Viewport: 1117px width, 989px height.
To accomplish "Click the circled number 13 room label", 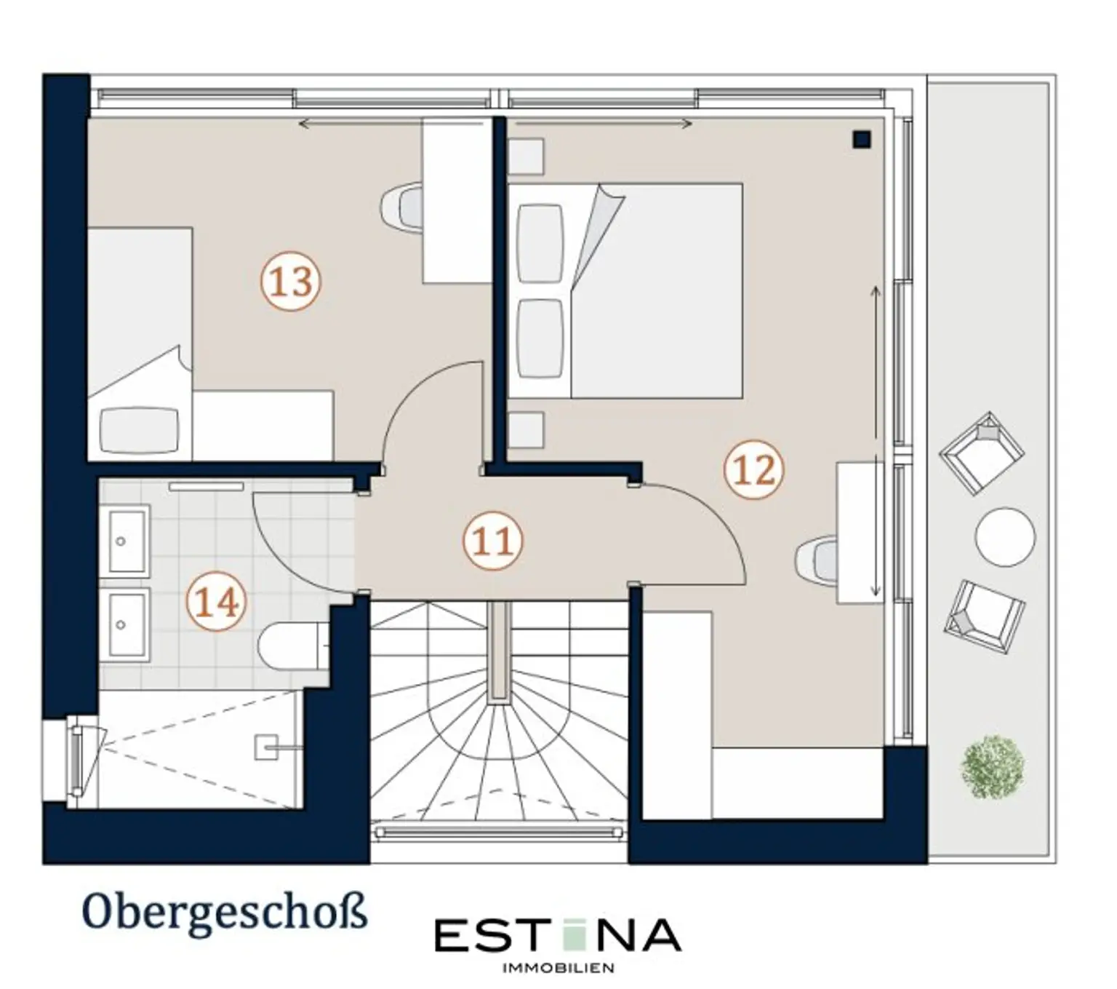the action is point(291,282).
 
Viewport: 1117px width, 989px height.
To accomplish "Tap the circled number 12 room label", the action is point(753,469).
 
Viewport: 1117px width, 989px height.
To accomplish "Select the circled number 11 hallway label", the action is point(492,541).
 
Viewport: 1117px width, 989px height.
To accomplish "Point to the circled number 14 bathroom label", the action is point(216,602).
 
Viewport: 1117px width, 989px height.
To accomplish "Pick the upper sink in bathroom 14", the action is point(129,541).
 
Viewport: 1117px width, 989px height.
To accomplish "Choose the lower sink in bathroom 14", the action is point(129,624).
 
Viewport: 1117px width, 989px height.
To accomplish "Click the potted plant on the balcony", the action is point(993,766).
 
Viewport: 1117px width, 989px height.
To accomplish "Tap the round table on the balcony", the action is point(1005,537).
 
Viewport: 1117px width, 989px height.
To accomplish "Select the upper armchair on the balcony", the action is point(982,453).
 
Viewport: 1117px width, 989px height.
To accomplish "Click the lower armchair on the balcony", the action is point(985,616).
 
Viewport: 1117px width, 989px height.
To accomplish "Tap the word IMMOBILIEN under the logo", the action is point(558,967).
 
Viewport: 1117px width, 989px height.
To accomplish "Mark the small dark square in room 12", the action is point(862,140).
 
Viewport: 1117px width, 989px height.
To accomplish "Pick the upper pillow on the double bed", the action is point(541,243).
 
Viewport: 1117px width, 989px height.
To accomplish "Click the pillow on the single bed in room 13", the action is point(140,430).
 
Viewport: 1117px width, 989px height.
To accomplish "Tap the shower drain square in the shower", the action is point(266,746).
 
